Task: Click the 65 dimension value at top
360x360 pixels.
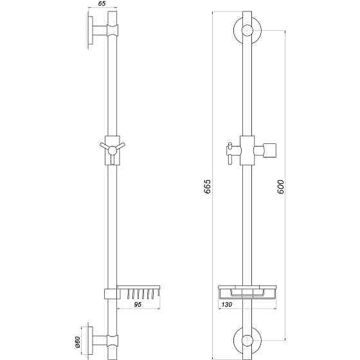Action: [102, 4]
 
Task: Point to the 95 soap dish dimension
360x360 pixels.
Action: [138, 306]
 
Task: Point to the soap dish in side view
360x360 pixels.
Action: [138, 292]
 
